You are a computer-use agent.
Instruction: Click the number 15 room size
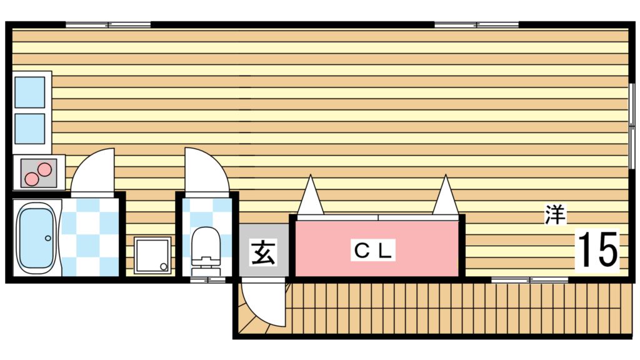pyautogui.click(x=598, y=249)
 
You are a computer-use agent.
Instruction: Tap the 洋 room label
pyautogui.click(x=556, y=215)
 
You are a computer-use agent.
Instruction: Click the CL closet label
pyautogui.click(x=373, y=250)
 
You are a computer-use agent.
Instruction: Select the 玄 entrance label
pyautogui.click(x=263, y=252)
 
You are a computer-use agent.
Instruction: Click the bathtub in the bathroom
pyautogui.click(x=36, y=238)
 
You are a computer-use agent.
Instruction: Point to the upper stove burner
pyautogui.click(x=44, y=169)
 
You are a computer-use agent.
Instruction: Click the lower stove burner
pyautogui.click(x=31, y=179)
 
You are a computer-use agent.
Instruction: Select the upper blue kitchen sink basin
pyautogui.click(x=30, y=92)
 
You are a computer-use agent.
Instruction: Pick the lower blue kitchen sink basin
pyautogui.click(x=30, y=129)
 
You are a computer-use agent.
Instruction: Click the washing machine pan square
pyautogui.click(x=152, y=256)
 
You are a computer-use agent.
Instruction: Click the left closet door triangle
pyautogui.click(x=311, y=195)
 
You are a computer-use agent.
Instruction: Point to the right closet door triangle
pyautogui.click(x=445, y=195)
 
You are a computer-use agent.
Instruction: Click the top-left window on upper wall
pyautogui.click(x=108, y=25)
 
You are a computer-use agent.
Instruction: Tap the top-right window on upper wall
pyautogui.click(x=476, y=25)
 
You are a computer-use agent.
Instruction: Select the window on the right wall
pyautogui.click(x=632, y=126)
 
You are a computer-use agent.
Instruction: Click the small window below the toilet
pyautogui.click(x=208, y=280)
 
